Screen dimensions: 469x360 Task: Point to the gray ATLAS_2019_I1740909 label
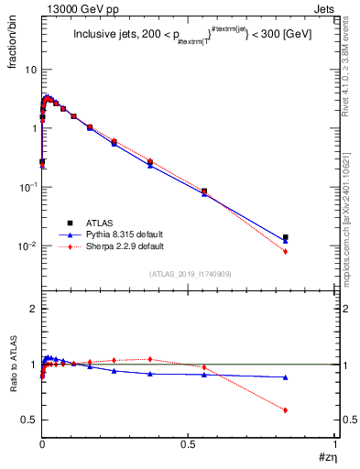pos(189,273)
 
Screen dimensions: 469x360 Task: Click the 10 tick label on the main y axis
pos(30,70)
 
